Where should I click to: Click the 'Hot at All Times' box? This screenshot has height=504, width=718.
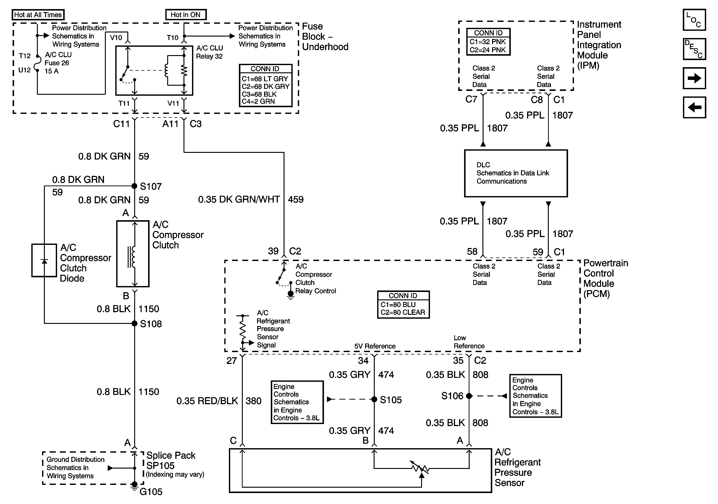coord(38,15)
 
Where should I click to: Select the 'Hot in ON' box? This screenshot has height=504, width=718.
coord(186,15)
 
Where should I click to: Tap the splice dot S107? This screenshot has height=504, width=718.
coord(135,186)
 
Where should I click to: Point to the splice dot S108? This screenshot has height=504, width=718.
coord(135,323)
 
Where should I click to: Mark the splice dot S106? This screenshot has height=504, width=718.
coord(469,396)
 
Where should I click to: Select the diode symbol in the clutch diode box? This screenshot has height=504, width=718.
coord(44,261)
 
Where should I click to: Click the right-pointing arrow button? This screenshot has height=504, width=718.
coord(694,78)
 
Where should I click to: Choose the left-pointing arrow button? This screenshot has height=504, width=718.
coord(694,107)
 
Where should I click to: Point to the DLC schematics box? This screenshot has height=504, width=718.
coord(516,173)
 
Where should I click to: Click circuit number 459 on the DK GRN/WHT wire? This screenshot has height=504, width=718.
coord(295,199)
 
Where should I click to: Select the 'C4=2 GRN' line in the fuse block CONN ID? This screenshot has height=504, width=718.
coord(258,101)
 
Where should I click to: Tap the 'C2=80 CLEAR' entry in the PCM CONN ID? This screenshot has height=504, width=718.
coord(403,312)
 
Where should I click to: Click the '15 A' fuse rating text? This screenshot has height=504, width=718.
coord(52,71)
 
